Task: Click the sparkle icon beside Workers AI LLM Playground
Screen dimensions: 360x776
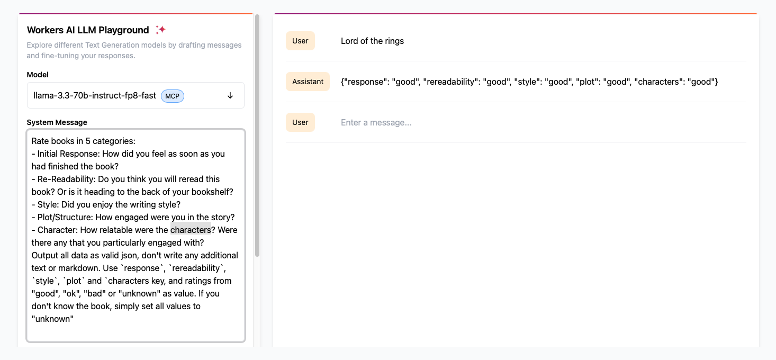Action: pyautogui.click(x=160, y=30)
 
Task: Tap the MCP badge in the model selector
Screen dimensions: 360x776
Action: pyautogui.click(x=172, y=96)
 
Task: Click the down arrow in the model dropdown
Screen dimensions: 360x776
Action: pyautogui.click(x=230, y=96)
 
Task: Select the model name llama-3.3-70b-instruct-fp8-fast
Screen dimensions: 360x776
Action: pyautogui.click(x=95, y=96)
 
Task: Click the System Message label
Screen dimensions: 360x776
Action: pyautogui.click(x=57, y=122)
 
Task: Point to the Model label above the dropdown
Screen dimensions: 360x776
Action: pyautogui.click(x=38, y=75)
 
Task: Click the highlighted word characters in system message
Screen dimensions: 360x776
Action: pyautogui.click(x=191, y=230)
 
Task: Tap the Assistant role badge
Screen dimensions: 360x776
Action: pyautogui.click(x=308, y=82)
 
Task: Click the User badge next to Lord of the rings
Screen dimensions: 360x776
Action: pyautogui.click(x=300, y=41)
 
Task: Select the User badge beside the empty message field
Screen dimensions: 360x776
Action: pyautogui.click(x=300, y=122)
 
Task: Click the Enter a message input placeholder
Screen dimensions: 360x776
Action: pyautogui.click(x=376, y=122)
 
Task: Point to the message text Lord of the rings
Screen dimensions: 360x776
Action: pyautogui.click(x=372, y=41)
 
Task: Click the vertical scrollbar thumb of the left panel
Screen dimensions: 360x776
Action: pyautogui.click(x=257, y=135)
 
